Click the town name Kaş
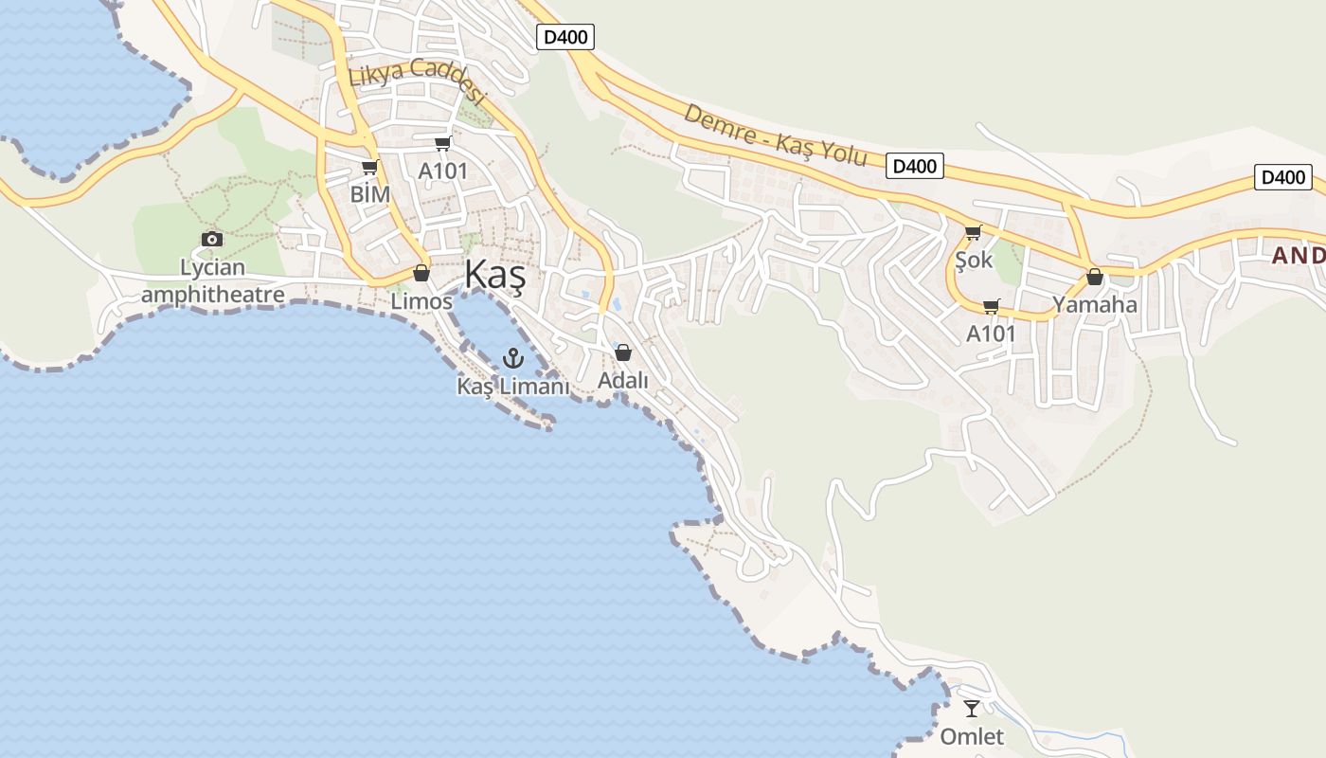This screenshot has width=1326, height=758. point(494,275)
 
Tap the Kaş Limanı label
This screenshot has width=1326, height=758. point(513,387)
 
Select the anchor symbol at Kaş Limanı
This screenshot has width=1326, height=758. point(512,358)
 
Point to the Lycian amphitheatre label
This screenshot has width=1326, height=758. point(213,281)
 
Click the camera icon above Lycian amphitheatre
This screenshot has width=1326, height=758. point(212,239)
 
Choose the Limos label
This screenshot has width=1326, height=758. point(421,301)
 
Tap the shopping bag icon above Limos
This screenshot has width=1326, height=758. point(421,273)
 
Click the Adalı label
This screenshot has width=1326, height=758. point(623,381)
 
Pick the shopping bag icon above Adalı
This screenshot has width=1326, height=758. point(623,352)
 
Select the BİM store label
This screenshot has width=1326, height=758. point(369,194)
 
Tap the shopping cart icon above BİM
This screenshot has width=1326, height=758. point(370,168)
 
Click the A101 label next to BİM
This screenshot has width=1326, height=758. point(443,171)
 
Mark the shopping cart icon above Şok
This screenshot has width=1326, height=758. point(973,232)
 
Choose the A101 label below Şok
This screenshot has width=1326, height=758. point(991,334)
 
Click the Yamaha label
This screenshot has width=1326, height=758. point(1095,305)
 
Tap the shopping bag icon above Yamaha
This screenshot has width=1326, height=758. point(1095,277)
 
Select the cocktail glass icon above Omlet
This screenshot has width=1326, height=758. point(972,708)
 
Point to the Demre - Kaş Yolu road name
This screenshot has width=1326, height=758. point(775,135)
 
